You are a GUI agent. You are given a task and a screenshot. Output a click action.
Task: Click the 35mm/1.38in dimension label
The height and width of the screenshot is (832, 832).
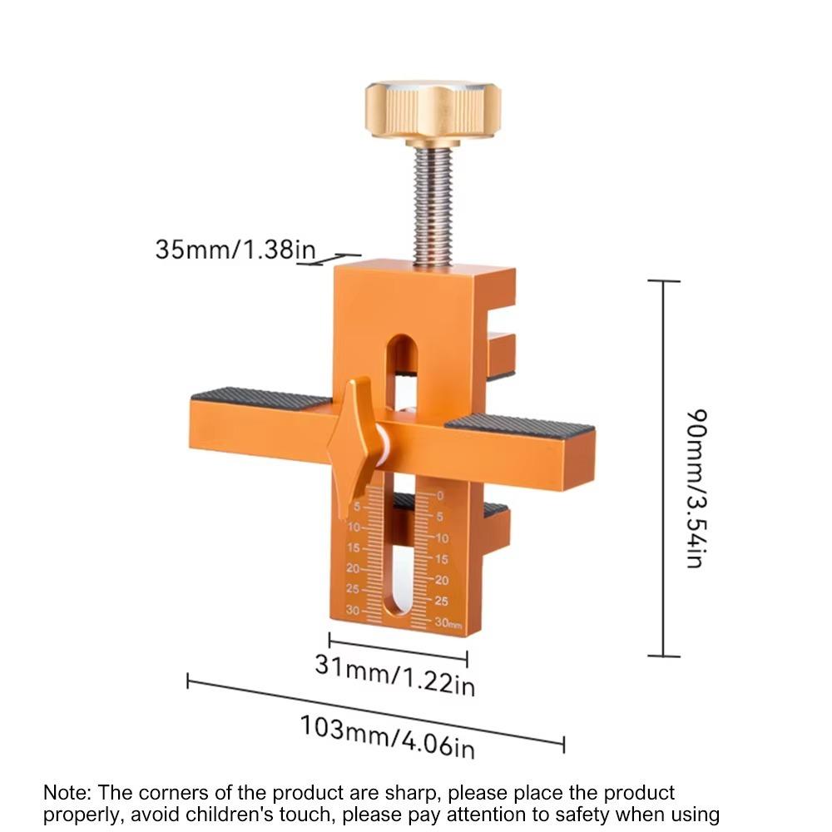point(235,248)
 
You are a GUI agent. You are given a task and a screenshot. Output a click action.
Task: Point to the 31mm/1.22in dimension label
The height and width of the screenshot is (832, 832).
point(394,675)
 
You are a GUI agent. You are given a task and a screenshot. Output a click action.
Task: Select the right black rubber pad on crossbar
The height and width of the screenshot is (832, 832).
point(520,426)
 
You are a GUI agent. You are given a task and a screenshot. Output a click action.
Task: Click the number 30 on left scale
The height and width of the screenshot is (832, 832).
point(353,610)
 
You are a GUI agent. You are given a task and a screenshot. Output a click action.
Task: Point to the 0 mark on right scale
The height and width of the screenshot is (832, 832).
point(440,496)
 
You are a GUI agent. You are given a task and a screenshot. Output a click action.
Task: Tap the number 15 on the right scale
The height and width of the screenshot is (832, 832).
point(441,559)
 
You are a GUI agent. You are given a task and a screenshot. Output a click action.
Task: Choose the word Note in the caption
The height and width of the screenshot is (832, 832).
point(63,792)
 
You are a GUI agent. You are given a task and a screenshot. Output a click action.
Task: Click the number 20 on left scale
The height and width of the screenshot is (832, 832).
point(353,569)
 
